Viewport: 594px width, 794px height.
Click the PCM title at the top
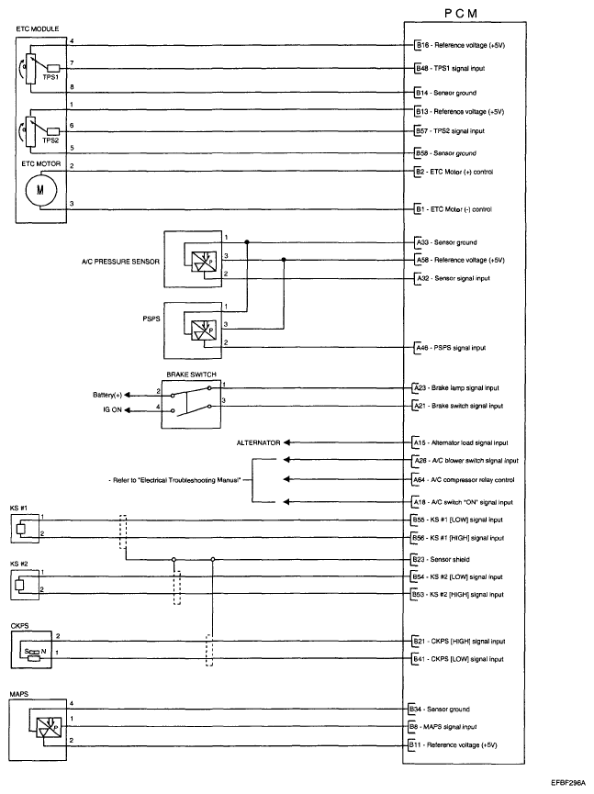[469, 13]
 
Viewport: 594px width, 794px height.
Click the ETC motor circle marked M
[39, 189]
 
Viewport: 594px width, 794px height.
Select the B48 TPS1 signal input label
[458, 68]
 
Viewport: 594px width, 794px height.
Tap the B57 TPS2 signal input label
[458, 131]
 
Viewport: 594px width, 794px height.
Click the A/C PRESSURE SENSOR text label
[120, 261]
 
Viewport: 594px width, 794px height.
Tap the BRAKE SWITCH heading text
[189, 375]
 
